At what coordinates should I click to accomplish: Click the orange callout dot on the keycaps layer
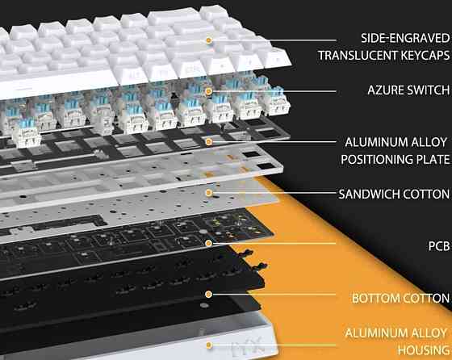point(208,40)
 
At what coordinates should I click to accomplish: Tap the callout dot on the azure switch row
point(208,91)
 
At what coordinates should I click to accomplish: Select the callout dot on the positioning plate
point(208,141)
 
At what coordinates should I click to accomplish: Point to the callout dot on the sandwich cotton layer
point(208,193)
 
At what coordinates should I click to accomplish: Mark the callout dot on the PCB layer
point(208,242)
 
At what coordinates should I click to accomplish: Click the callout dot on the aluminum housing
point(208,345)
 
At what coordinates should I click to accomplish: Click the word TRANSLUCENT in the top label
point(358,55)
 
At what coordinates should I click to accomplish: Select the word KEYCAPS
point(420,55)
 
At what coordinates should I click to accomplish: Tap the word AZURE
point(372,92)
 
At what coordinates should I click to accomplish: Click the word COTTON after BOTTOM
point(425,299)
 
